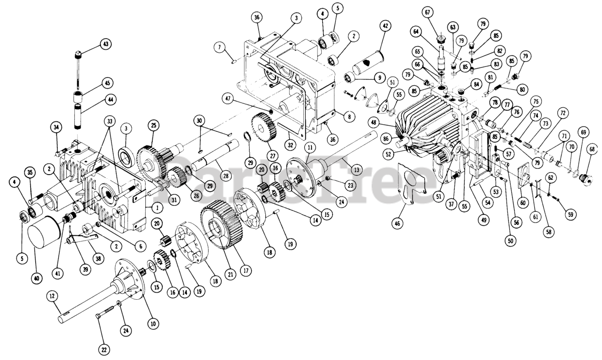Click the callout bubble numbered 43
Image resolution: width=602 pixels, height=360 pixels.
coord(105,44)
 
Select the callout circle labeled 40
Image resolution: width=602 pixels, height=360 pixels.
coord(36,278)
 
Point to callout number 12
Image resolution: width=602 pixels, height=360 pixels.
coord(52,296)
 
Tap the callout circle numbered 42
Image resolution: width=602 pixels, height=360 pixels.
coord(385,27)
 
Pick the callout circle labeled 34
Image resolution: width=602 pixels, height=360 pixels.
coord(56,127)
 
